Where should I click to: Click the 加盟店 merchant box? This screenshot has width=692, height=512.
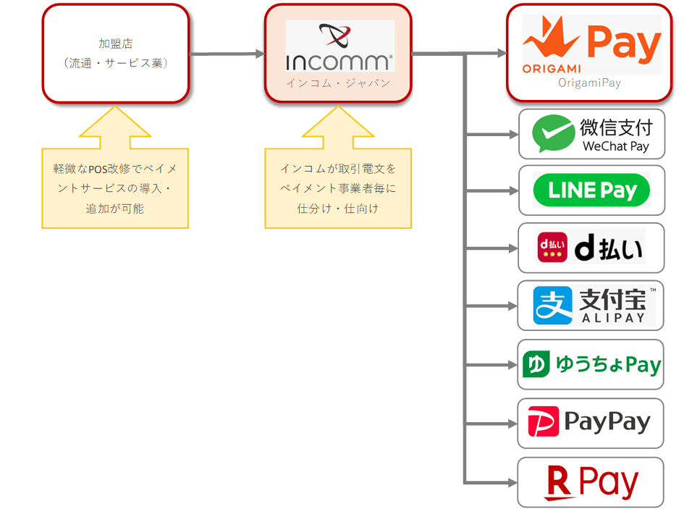coord(116,53)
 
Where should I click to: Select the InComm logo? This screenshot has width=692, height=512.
coord(339,46)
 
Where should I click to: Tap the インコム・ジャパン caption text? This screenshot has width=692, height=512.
coord(338,83)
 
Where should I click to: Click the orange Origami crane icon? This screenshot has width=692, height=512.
coord(552,40)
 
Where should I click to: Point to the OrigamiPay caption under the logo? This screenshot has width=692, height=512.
coord(589,83)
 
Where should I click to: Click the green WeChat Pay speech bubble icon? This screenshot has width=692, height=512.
coord(554,133)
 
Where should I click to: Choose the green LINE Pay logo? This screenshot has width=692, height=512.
coord(591,190)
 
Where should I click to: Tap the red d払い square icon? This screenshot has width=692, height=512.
coord(552,247)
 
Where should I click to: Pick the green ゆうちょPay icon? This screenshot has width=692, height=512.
coord(536,364)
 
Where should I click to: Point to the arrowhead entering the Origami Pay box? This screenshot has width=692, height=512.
coord(501,53)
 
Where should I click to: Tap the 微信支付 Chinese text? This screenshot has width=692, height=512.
coord(616,127)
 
